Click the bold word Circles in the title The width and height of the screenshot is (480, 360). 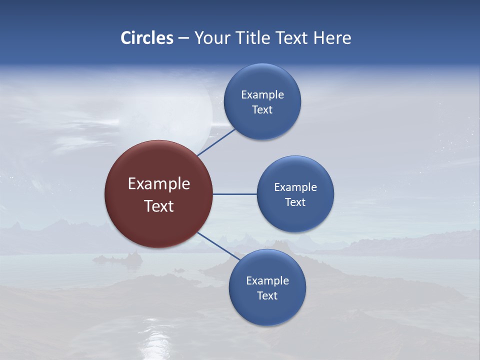[x=147, y=38]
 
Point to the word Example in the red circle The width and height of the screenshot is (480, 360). [x=159, y=184]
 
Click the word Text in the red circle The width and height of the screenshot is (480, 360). [x=159, y=206]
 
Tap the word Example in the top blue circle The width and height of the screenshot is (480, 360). [x=262, y=95]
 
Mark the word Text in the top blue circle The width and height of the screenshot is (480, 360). [x=262, y=110]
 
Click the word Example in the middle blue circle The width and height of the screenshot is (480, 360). [x=295, y=187]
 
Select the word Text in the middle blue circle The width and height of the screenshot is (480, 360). [x=295, y=202]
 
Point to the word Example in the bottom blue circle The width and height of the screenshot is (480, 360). [x=267, y=281]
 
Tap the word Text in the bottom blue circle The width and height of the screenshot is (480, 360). [x=267, y=296]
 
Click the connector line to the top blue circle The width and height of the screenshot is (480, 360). [x=217, y=142]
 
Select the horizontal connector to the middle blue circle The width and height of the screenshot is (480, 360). [x=234, y=194]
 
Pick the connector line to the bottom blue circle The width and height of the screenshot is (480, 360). [x=219, y=246]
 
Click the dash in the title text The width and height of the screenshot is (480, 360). [x=183, y=38]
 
